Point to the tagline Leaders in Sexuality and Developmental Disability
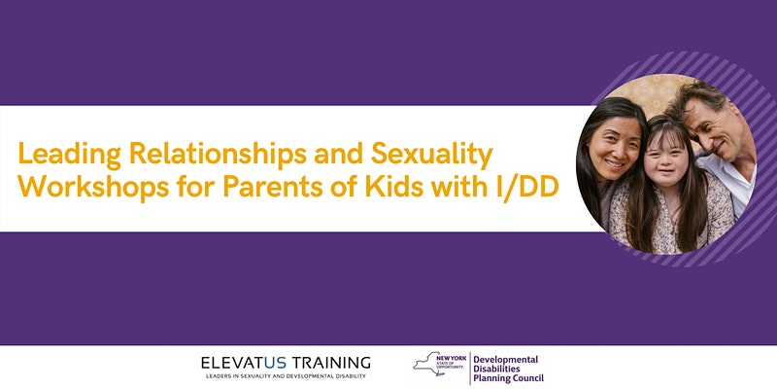[285, 375]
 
